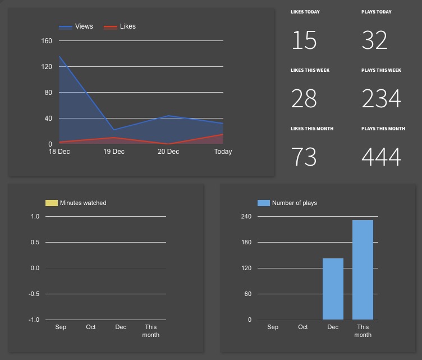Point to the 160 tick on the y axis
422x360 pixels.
tap(47, 41)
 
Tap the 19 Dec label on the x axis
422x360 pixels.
tap(114, 152)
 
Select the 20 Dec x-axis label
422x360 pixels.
tap(168, 152)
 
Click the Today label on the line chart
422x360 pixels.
tap(223, 152)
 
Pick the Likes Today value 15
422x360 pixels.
tap(304, 41)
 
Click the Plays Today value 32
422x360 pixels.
tap(375, 41)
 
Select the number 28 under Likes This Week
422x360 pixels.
tap(304, 99)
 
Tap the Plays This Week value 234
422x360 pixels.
tap(382, 99)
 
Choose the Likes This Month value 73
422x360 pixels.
tap(304, 157)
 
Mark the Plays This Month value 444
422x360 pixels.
tap(382, 157)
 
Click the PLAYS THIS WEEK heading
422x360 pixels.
tap(381, 70)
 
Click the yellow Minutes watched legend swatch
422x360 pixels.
tap(51, 203)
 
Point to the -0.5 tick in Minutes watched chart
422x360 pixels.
tap(35, 294)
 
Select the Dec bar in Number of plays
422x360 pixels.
tap(333, 289)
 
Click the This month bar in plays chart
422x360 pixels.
tap(363, 270)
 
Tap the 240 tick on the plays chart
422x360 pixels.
tap(246, 216)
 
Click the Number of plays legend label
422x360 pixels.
tap(294, 203)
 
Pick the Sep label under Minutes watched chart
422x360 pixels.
tap(61, 327)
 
